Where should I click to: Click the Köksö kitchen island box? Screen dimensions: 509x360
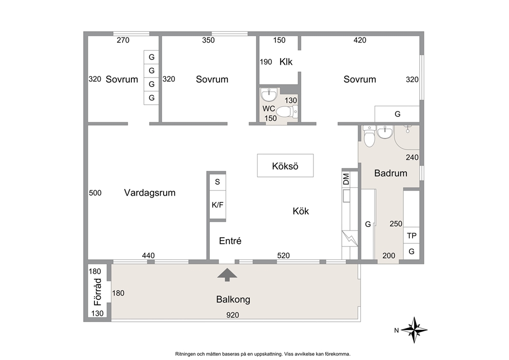coord(285,166)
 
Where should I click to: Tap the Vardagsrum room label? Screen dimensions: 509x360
coord(150,193)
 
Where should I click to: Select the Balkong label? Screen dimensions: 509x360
coord(233,299)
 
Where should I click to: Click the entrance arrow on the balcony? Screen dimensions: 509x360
coord(227,275)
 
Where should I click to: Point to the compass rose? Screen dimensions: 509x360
coord(414,330)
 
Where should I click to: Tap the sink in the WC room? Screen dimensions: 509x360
coord(269,94)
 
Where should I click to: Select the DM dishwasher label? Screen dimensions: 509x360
coord(346,179)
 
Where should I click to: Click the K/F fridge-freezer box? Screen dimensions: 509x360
coord(218,205)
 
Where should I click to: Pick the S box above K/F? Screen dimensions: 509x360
coord(218,182)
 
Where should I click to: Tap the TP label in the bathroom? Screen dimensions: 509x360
coord(412,236)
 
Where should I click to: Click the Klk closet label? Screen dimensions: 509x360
coord(286,62)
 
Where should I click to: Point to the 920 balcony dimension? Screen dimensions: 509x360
coord(233,315)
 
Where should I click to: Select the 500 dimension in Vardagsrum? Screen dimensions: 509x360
coord(95,193)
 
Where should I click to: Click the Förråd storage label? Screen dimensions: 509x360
coord(97,292)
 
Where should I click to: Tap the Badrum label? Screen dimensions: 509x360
coord(391,173)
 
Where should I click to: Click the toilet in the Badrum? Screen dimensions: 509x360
coord(369,136)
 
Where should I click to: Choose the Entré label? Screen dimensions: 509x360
coord(230,241)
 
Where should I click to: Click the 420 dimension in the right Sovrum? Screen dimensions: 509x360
coord(360,40)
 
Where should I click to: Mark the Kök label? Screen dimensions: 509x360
coord(301,211)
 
